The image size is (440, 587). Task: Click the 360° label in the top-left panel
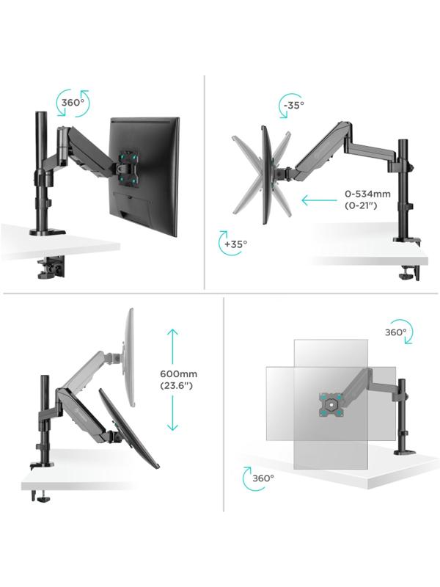pyautogui.click(x=73, y=103)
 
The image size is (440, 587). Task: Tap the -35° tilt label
pyautogui.click(x=294, y=106)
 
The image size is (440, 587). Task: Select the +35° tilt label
pyautogui.click(x=235, y=244)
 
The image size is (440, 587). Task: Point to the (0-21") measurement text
pyautogui.click(x=361, y=205)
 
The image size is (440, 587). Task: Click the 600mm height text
pyautogui.click(x=178, y=373)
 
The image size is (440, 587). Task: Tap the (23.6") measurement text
pyautogui.click(x=176, y=385)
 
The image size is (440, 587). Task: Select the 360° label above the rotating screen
pyautogui.click(x=395, y=332)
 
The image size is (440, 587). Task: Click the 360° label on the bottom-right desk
pyautogui.click(x=263, y=478)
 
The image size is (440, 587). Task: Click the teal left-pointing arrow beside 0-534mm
pyautogui.click(x=319, y=200)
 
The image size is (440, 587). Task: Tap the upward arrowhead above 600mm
pyautogui.click(x=172, y=333)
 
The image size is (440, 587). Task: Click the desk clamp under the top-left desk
pyautogui.click(x=51, y=267)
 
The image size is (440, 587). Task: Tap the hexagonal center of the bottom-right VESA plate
pyautogui.click(x=330, y=404)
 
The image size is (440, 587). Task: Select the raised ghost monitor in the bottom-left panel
pyautogui.click(x=128, y=357)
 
